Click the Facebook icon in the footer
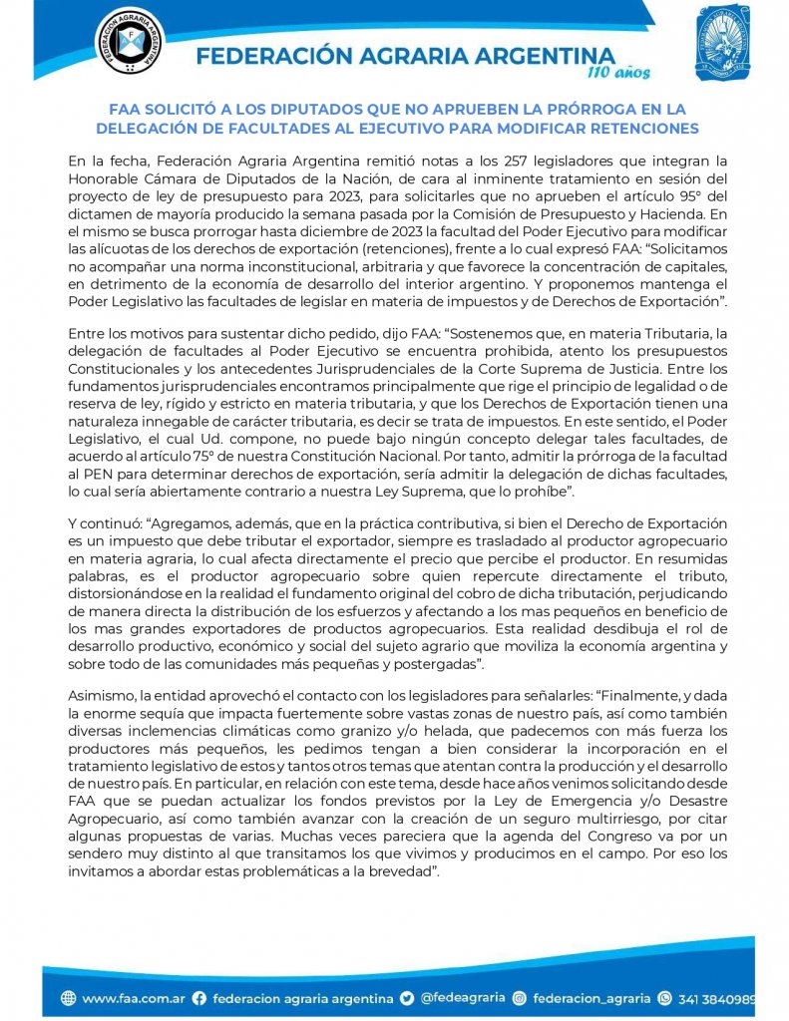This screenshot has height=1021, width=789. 198,997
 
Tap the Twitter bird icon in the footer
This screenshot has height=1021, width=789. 407,997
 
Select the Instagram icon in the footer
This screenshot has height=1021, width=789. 519,997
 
